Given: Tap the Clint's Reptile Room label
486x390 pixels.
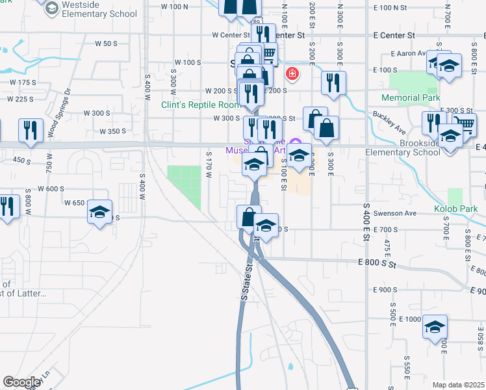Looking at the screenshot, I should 201,105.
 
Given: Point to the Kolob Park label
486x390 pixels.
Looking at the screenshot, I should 456,209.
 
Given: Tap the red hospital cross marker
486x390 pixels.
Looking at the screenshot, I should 292,73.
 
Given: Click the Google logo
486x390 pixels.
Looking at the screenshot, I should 21,382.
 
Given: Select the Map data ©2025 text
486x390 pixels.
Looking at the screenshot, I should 458,385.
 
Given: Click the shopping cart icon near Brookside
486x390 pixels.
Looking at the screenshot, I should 465,124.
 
